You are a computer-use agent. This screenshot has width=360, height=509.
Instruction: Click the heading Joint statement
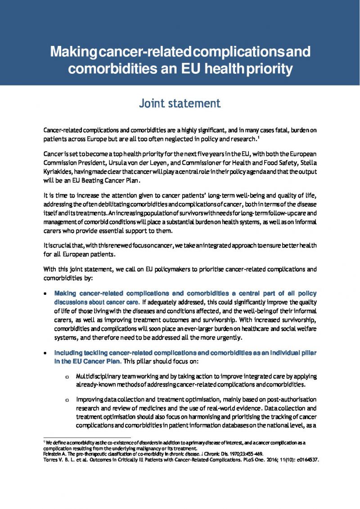tap(180, 104)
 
